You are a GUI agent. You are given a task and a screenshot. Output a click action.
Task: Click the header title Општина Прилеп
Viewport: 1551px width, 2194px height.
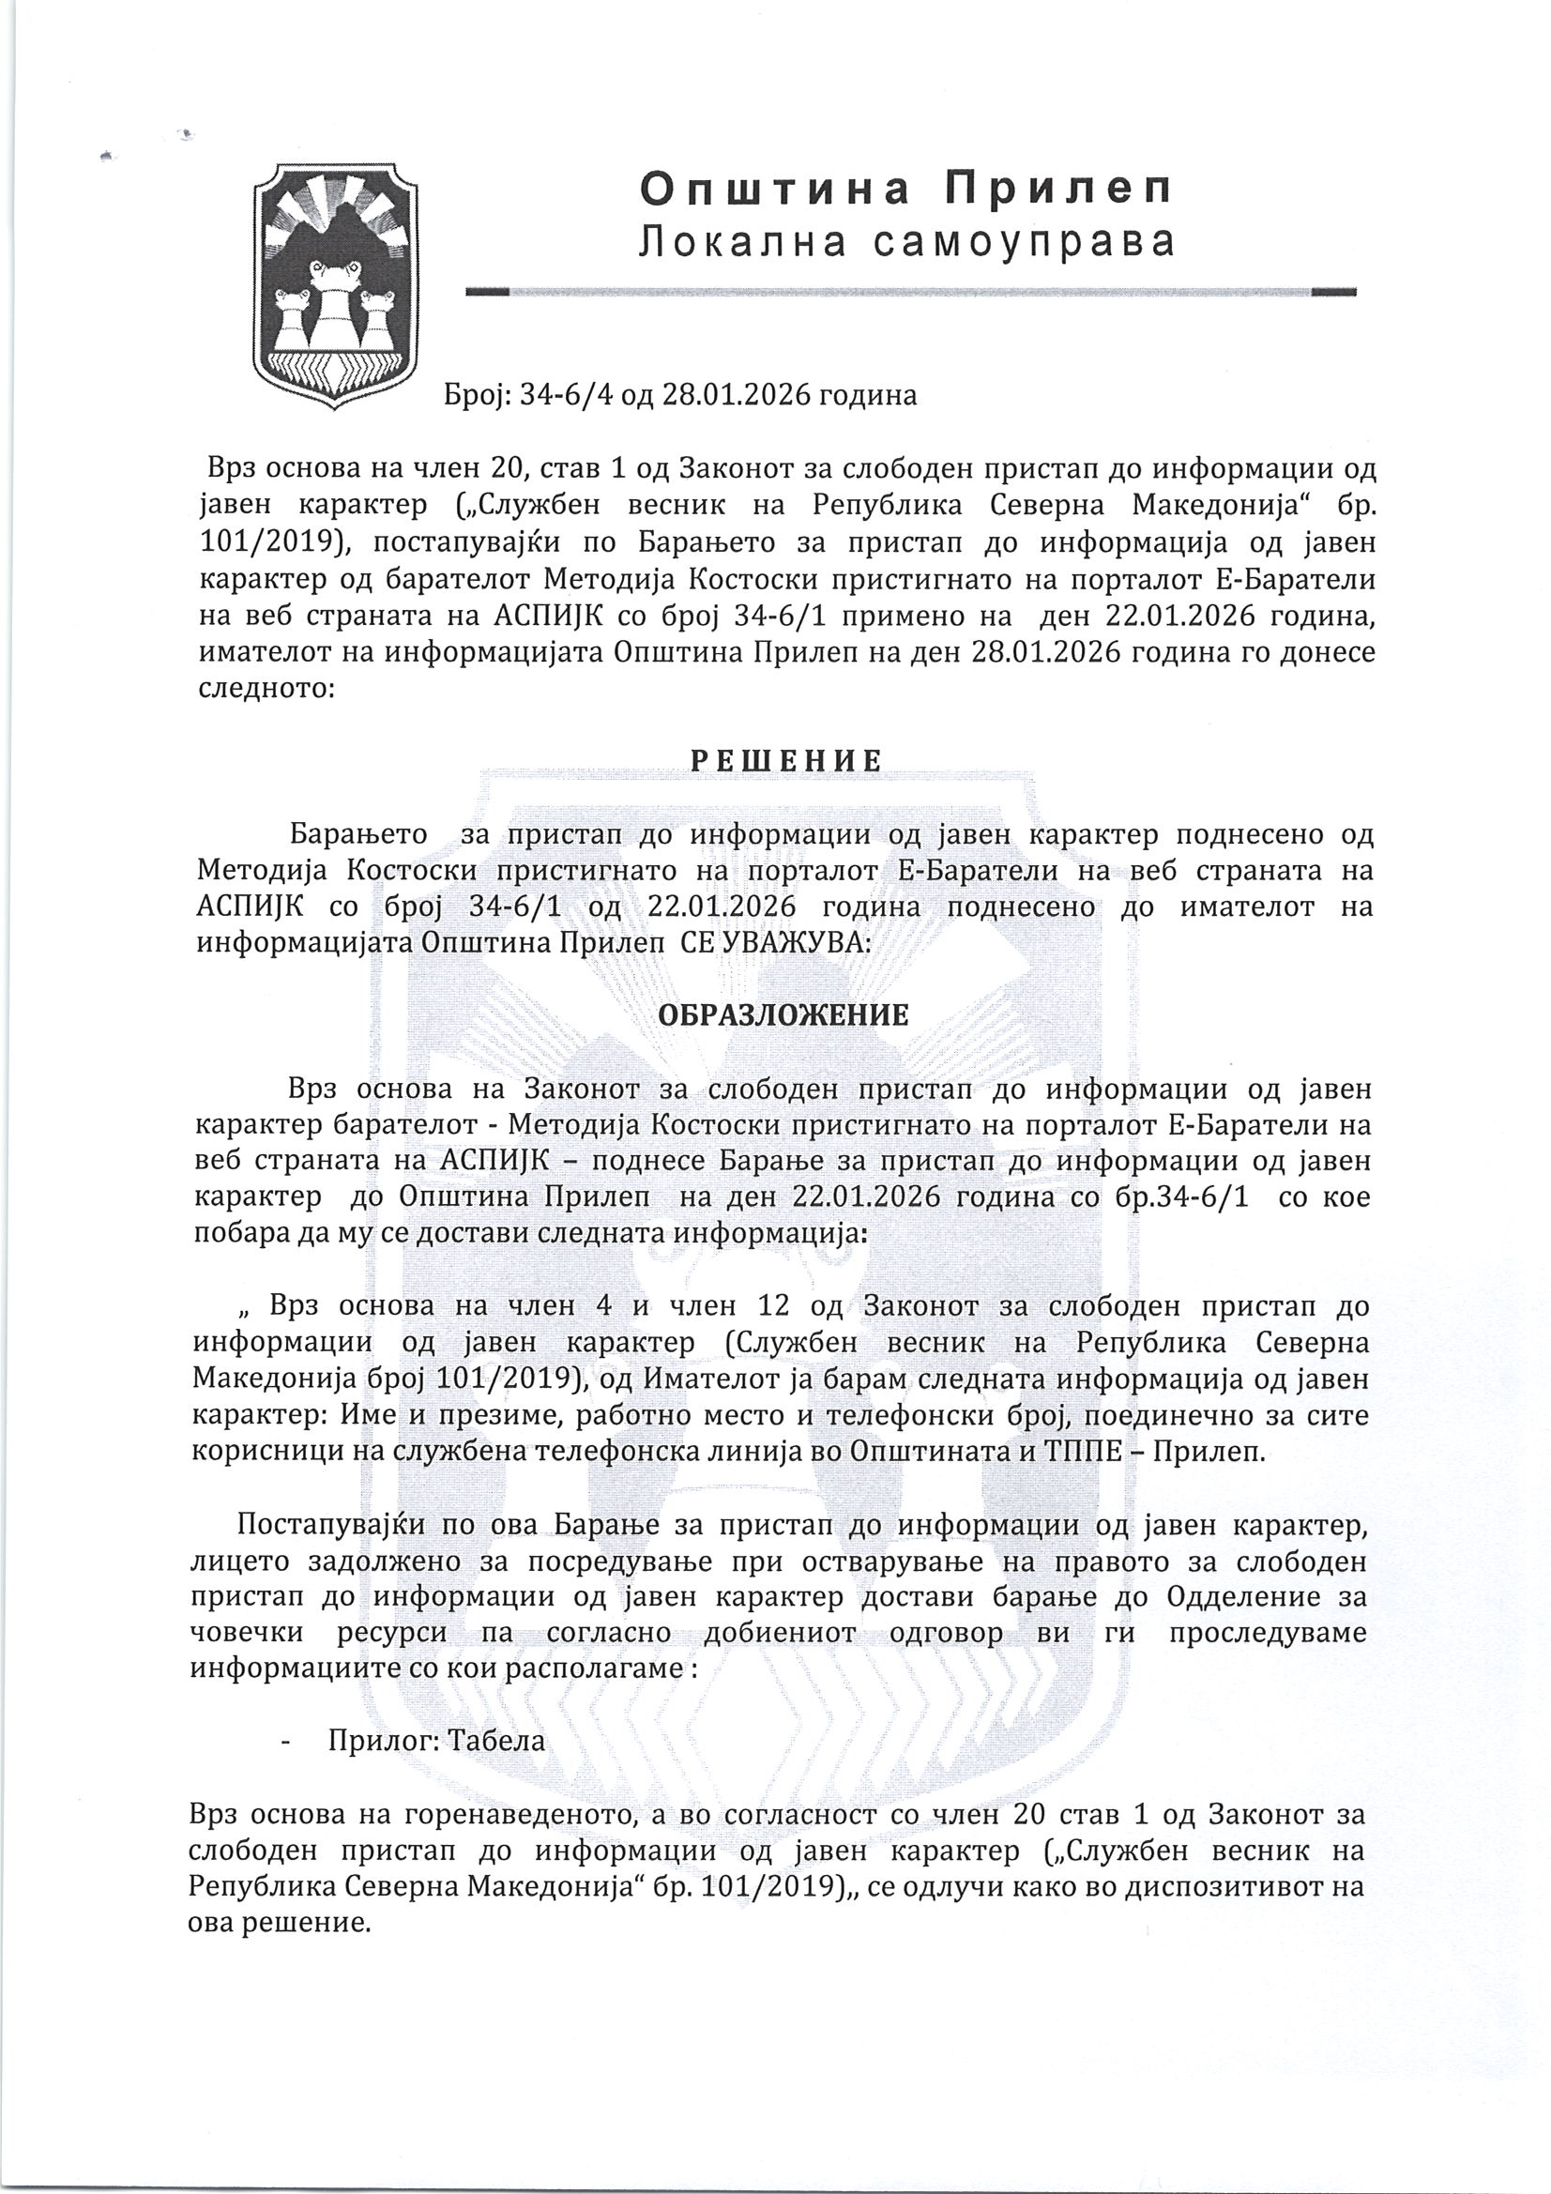click(x=905, y=190)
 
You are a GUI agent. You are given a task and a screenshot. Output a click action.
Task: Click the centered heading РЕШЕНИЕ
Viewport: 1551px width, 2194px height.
click(x=786, y=761)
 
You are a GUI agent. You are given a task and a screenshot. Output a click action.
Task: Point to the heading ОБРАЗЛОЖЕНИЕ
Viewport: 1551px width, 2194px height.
click(x=782, y=1014)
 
